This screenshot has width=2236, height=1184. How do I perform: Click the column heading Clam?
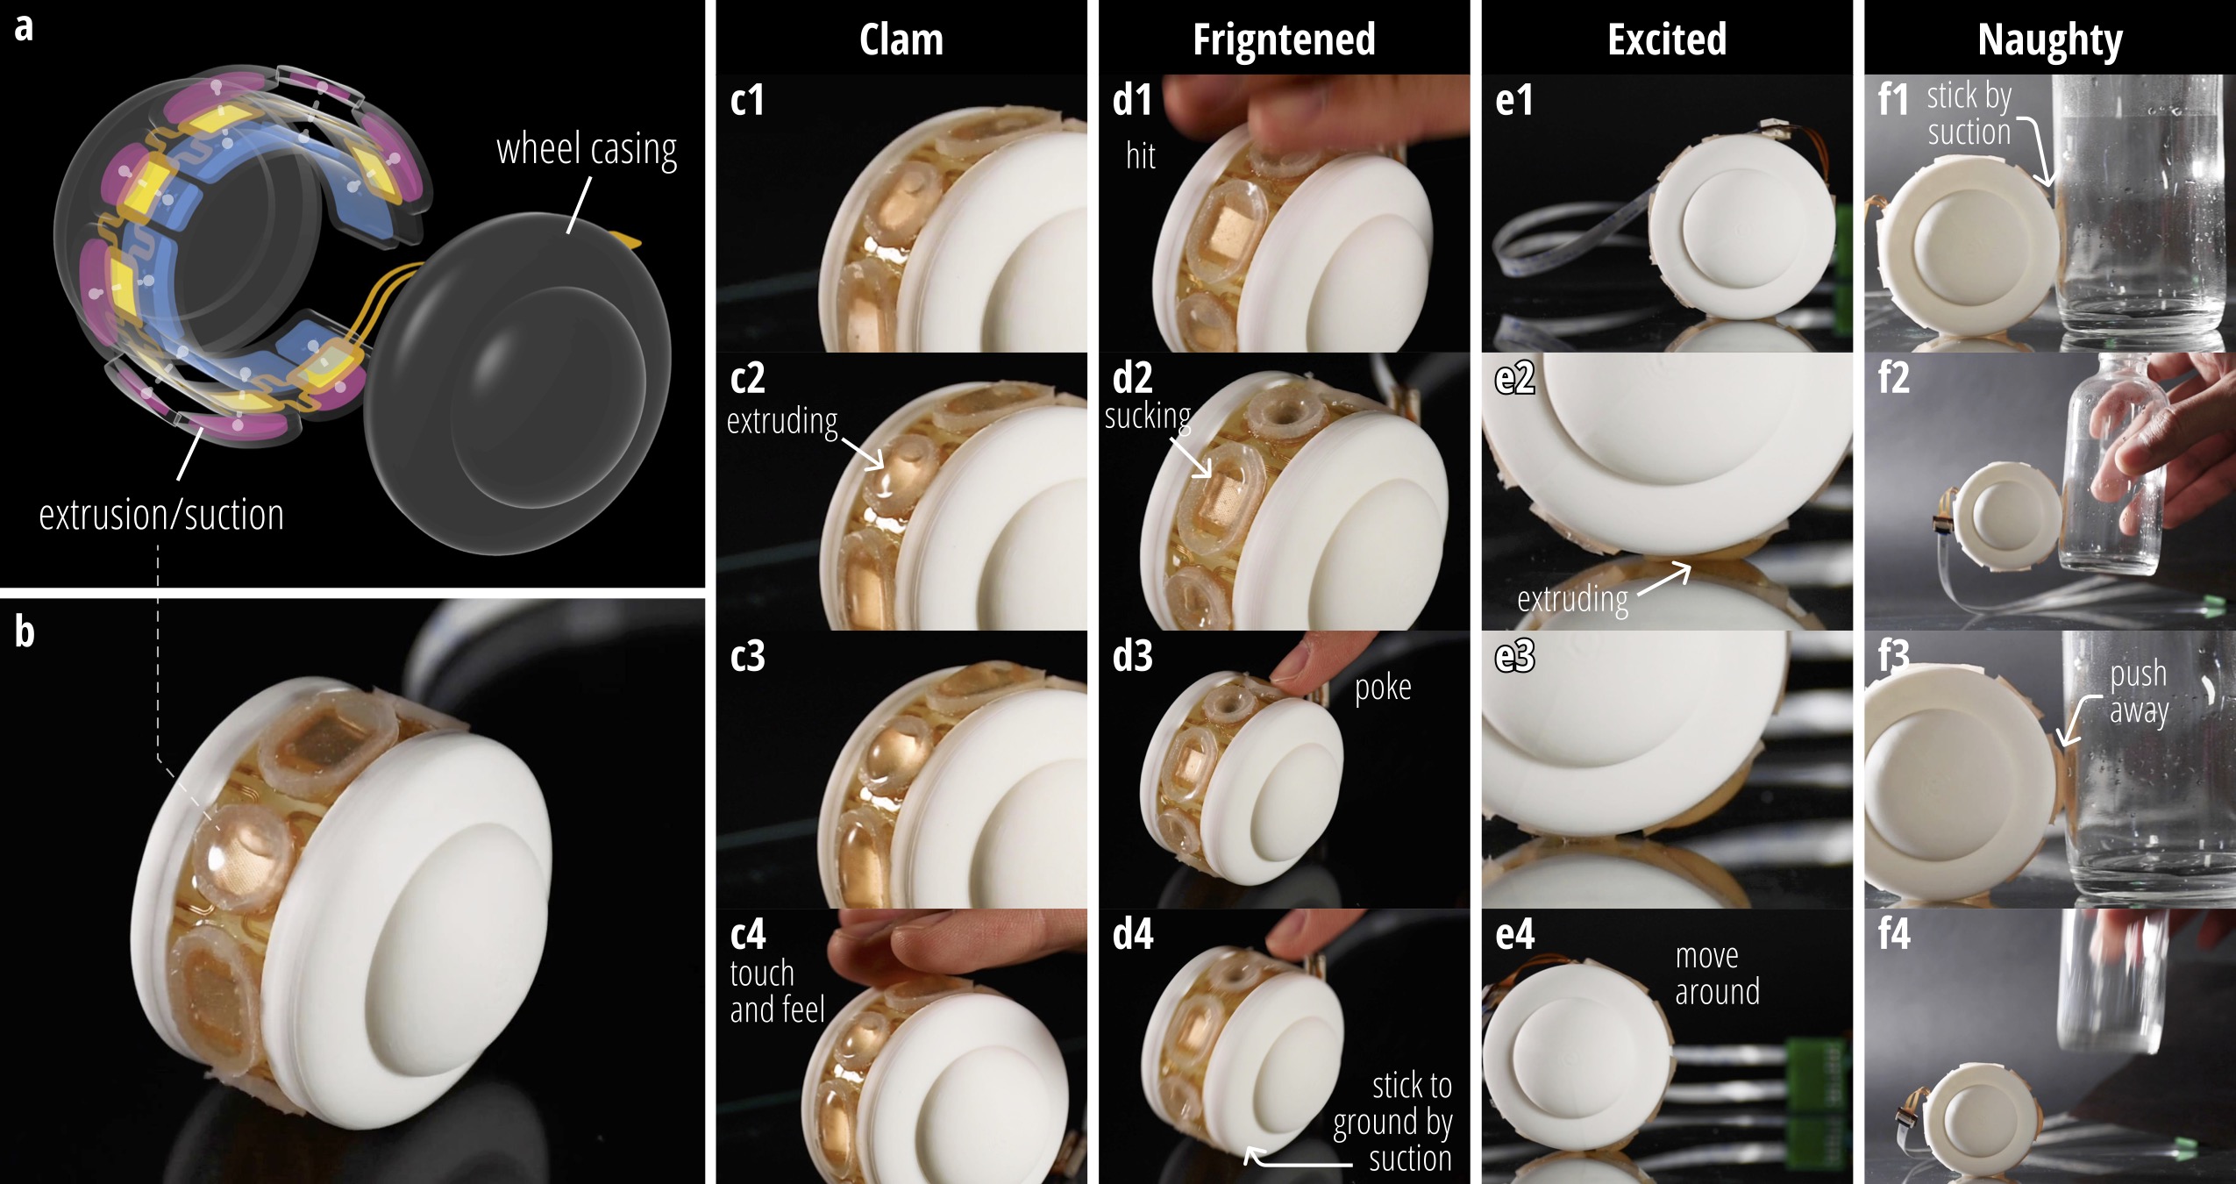tap(901, 40)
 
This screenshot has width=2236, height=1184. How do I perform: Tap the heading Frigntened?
tap(1284, 40)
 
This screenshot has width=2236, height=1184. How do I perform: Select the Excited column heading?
tap(1667, 39)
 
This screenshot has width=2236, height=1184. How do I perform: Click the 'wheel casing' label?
tap(587, 150)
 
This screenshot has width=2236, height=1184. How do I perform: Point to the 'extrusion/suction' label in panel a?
tap(161, 515)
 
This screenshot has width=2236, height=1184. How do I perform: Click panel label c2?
tap(748, 378)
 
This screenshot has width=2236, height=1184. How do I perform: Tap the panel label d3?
tap(1132, 656)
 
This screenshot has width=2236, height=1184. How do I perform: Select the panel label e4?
tap(1514, 934)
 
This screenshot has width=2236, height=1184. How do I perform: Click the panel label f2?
tap(1894, 378)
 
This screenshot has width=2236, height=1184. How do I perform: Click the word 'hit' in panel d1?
tap(1141, 156)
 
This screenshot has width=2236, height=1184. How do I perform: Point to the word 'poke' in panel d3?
tap(1383, 688)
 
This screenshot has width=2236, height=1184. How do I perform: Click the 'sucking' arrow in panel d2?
tap(1190, 456)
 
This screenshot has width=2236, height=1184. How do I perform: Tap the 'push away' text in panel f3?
tap(2139, 692)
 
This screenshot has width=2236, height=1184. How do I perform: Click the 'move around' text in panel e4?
tap(1717, 974)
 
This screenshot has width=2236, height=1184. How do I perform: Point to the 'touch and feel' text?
tap(777, 992)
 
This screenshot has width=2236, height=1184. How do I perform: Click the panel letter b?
tap(25, 631)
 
